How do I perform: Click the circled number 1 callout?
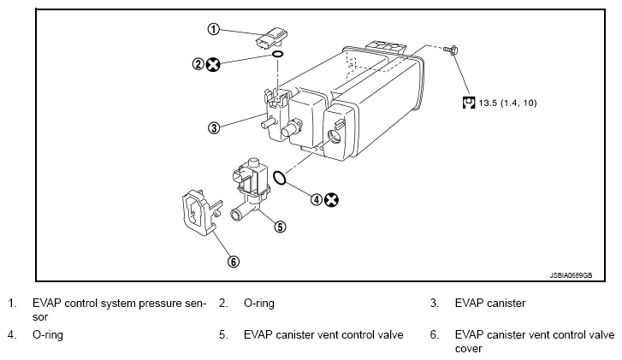(x=213, y=29)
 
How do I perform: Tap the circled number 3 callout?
(x=214, y=127)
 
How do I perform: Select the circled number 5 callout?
(x=280, y=227)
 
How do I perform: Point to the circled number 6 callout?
(x=234, y=262)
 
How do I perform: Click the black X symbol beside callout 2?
(x=213, y=64)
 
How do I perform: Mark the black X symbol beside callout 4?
(x=331, y=200)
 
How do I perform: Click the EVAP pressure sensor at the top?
(x=272, y=38)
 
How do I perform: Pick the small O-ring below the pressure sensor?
(x=278, y=54)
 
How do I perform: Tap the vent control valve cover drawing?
(x=199, y=213)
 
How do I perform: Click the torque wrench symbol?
(x=469, y=103)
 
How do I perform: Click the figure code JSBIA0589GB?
(x=571, y=275)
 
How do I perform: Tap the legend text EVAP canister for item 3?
(x=490, y=304)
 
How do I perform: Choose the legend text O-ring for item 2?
(x=259, y=304)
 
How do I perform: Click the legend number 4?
(x=11, y=335)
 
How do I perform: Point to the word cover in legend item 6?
(x=469, y=349)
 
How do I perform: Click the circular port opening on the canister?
(x=334, y=137)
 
